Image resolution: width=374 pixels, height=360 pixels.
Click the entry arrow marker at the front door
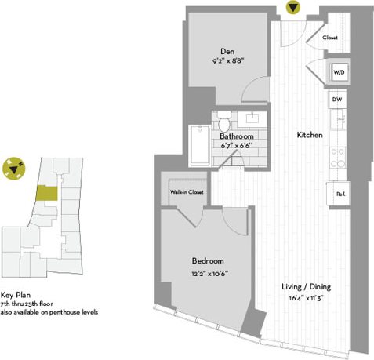293,9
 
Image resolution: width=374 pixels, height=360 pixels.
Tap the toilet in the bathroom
223,123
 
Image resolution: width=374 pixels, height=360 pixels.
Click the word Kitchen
309,136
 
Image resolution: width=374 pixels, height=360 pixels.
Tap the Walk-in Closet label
186,191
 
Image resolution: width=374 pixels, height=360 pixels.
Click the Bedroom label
208,261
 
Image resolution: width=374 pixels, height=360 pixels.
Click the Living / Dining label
307,287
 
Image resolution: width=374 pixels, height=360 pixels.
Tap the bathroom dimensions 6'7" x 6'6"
235,147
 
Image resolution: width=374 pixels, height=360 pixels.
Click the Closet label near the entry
329,36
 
